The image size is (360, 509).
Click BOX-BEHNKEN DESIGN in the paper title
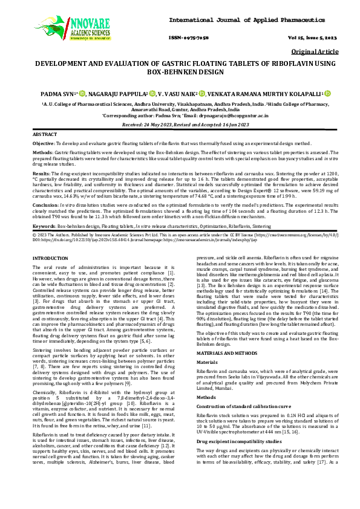point(180,71)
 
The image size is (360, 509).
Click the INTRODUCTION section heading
point(50,258)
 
